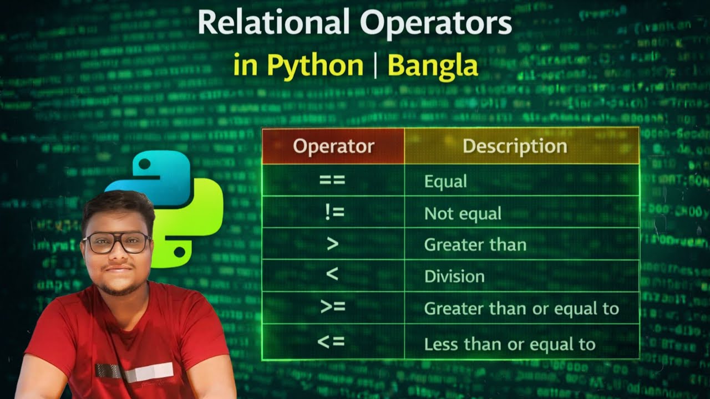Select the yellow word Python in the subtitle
click(x=315, y=65)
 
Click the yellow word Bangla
click(x=433, y=65)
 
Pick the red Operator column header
click(x=333, y=146)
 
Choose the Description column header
click(x=515, y=146)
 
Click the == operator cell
click(x=332, y=181)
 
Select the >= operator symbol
click(x=333, y=307)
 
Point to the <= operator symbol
click(x=331, y=342)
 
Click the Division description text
click(x=454, y=276)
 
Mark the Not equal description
click(x=463, y=213)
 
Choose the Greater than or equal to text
click(x=521, y=308)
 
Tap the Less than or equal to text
click(x=510, y=344)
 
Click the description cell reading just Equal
click(x=445, y=181)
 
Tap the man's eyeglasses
click(x=117, y=243)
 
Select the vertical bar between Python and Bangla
click(x=376, y=65)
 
